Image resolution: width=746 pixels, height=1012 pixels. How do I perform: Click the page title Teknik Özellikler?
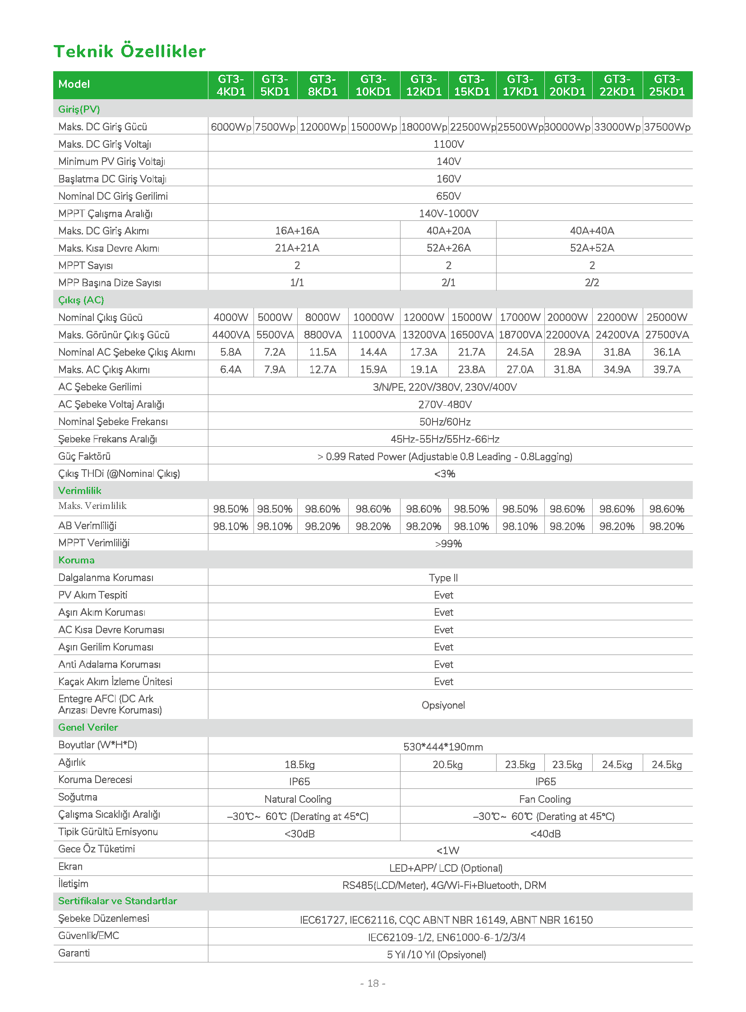tap(129, 51)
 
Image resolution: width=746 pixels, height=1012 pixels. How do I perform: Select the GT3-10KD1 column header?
tap(373, 85)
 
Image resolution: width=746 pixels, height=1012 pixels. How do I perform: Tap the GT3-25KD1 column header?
tap(667, 85)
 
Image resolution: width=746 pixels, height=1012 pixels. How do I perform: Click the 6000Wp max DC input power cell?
tap(231, 127)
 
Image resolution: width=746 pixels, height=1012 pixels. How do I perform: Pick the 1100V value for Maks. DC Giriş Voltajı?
tap(448, 144)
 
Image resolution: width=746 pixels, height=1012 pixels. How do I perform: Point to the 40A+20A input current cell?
tap(448, 231)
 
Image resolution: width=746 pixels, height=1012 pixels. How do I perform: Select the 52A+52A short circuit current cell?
tap(592, 248)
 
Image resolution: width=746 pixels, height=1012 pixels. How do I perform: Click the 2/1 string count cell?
tap(448, 283)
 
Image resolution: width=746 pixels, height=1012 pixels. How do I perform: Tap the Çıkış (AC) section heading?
tap(81, 300)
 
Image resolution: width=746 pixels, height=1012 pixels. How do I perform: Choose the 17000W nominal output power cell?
tap(520, 317)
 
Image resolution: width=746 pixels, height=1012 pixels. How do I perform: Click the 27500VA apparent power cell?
tap(667, 335)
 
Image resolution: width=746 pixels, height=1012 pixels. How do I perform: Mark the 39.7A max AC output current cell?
tap(667, 370)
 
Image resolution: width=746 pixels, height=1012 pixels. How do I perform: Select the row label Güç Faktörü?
tap(84, 456)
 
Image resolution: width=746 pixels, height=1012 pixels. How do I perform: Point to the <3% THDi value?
tap(445, 474)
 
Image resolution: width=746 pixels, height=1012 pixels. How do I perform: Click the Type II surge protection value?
tap(443, 578)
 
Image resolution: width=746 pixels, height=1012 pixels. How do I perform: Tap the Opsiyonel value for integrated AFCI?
tap(443, 705)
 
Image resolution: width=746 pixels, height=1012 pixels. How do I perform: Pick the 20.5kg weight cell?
tap(447, 765)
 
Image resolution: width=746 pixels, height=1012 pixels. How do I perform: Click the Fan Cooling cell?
tap(545, 799)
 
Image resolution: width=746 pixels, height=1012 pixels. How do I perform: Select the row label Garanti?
tap(74, 953)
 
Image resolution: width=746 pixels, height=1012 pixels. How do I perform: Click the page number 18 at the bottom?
tap(373, 983)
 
